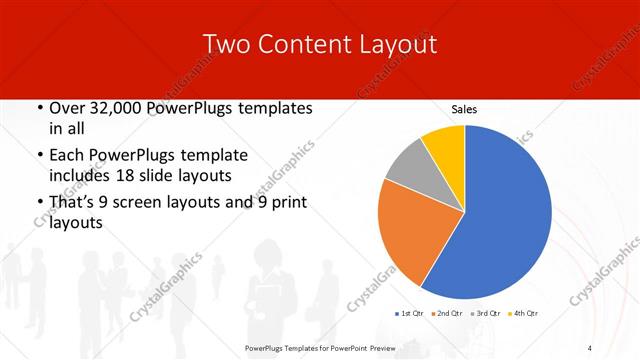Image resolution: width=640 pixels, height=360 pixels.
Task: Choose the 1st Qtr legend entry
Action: (409, 314)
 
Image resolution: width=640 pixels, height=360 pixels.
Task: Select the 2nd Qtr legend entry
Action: (447, 314)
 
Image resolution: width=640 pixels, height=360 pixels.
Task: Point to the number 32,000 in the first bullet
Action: (115, 108)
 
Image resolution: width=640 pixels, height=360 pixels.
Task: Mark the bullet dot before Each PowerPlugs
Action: (38, 155)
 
